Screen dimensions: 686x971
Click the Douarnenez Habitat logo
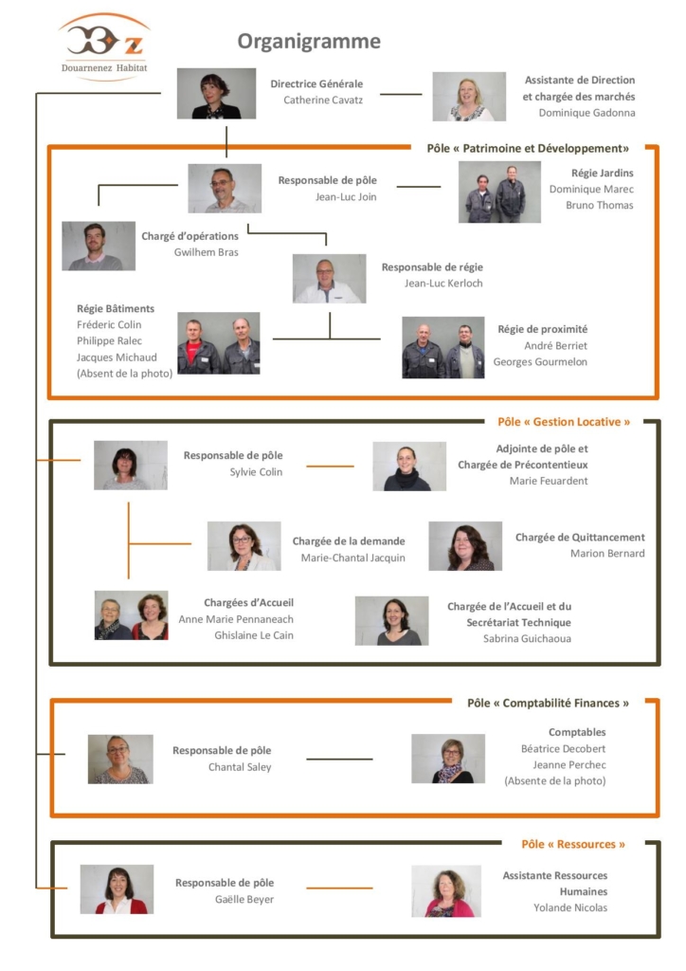coord(104,46)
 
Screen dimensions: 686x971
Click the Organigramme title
coord(309,42)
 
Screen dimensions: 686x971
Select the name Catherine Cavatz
coord(323,100)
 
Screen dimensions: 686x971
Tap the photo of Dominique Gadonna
coord(469,96)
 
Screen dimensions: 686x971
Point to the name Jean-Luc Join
coord(346,197)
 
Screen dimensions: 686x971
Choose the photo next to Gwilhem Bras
coord(99,246)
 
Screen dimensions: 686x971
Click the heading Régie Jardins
coord(602,173)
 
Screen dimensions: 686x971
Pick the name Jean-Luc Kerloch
coord(443,283)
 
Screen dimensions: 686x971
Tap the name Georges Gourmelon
coord(540,361)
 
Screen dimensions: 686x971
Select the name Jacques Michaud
coord(117,357)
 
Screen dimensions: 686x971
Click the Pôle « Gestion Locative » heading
coord(564,422)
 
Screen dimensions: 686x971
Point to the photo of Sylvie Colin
coord(131,465)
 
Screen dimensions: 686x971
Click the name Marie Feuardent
coord(549,481)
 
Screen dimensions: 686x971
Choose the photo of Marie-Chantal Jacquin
coord(244,545)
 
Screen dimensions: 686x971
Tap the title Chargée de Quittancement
coord(580,537)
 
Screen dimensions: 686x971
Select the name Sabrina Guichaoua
coord(527,638)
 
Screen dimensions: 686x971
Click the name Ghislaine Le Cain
coord(254,635)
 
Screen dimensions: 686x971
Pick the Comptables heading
coord(577,732)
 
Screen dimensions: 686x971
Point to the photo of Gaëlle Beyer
coord(117,889)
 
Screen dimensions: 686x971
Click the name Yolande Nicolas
coord(570,907)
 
